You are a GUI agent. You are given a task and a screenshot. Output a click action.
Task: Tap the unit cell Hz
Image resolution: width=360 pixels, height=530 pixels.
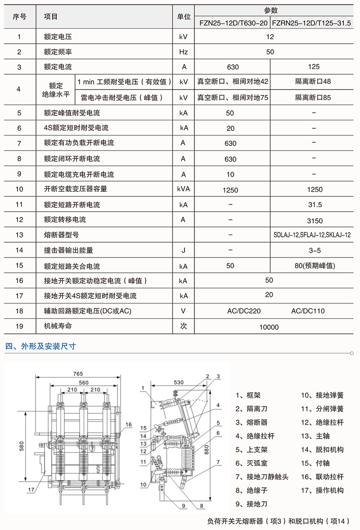pos(183,52)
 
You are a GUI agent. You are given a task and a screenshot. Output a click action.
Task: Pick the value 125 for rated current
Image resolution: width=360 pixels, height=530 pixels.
pos(314,67)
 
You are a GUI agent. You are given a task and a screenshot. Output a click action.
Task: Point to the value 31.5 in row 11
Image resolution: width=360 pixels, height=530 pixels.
pos(315,205)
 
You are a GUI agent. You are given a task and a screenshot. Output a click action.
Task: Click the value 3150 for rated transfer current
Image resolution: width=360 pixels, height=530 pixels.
pos(315,221)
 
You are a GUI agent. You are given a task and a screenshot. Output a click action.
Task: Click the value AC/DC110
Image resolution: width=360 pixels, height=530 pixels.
pos(308,311)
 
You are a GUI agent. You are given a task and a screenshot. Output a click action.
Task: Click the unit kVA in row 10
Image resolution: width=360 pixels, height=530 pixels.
pos(184,189)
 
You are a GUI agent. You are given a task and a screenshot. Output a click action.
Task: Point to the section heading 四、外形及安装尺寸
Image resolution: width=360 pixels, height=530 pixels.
pos(40,346)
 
